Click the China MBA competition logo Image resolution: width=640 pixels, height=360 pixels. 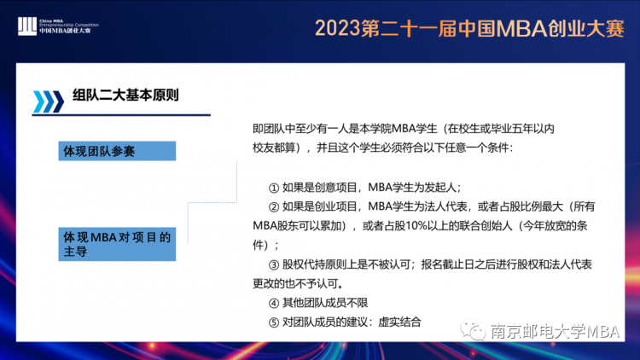pos(58,26)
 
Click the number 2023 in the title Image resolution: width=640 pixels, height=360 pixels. pos(338,28)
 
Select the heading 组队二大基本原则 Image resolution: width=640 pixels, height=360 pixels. pos(125,95)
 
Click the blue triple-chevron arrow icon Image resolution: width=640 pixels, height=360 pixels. pos(48,102)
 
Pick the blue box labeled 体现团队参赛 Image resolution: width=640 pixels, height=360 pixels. pos(117,151)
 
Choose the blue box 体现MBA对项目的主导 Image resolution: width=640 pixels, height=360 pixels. pos(117,244)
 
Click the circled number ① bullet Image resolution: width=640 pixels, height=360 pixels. pos(273,188)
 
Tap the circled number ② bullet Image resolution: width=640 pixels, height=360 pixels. pos(273,207)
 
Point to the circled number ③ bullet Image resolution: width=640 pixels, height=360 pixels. pos(273,265)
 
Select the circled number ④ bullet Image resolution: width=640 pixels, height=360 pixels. pos(273,303)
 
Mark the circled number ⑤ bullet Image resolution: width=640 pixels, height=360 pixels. pos(273,322)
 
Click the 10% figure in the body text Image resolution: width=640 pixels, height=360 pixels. pos(416,226)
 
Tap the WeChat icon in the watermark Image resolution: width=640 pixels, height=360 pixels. pos(473,330)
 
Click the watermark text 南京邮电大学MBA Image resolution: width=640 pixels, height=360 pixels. pos(556,331)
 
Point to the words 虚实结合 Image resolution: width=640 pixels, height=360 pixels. pos(399,322)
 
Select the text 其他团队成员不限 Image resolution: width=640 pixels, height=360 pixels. pos(325,303)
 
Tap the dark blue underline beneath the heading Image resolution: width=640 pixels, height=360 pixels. pos(121,115)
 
